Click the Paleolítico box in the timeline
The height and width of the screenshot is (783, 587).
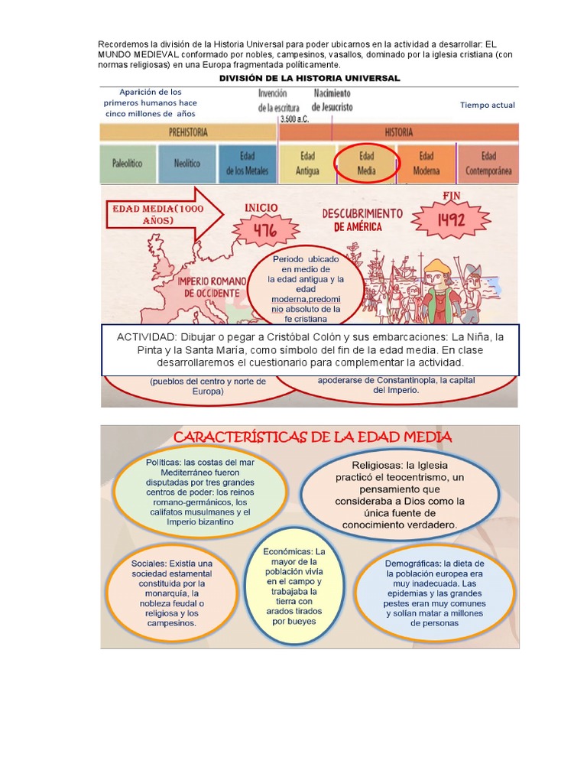[x=127, y=164]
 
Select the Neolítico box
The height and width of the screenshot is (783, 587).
[x=186, y=164]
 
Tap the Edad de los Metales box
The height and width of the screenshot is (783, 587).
[x=247, y=164]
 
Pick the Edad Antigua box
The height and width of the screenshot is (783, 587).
[x=307, y=164]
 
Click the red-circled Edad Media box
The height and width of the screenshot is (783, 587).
[x=367, y=164]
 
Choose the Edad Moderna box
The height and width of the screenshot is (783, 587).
[x=426, y=164]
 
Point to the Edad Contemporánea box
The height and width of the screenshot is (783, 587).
[x=488, y=164]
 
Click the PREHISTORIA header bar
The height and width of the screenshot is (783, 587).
[x=188, y=132]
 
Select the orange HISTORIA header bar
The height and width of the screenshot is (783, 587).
[x=399, y=132]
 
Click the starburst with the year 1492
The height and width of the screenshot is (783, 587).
[x=450, y=219]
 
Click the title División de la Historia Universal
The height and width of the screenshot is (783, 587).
[x=310, y=79]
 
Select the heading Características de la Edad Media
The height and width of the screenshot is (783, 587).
[x=313, y=437]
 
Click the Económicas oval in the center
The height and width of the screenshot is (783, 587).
[x=294, y=586]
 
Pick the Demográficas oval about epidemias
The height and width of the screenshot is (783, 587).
[x=434, y=592]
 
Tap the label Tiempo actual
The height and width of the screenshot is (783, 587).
[x=488, y=106]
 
